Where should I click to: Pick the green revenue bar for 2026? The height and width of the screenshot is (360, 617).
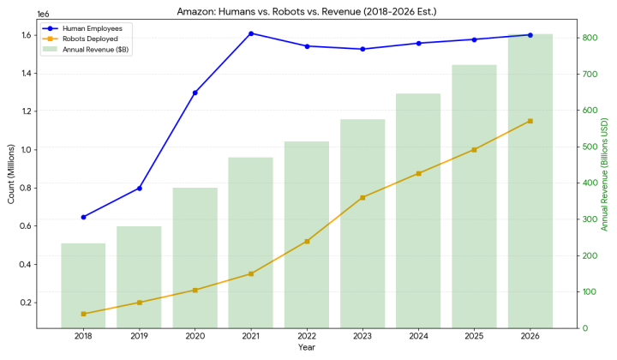530,181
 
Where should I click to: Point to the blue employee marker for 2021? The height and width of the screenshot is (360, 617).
251,33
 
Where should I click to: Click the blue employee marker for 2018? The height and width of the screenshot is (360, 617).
83,217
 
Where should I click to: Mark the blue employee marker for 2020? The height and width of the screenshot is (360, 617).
195,93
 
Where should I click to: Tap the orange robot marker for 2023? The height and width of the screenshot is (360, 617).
362,197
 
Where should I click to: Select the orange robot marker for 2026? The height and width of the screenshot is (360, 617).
530,121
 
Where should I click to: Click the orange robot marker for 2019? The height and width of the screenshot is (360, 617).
139,303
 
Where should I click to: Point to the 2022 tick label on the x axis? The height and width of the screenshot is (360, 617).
307,337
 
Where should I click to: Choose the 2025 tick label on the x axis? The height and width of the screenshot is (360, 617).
474,337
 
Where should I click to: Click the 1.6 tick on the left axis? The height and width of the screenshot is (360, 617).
27,35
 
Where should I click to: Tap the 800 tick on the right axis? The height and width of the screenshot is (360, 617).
590,38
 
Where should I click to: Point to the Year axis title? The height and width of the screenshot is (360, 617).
307,347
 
